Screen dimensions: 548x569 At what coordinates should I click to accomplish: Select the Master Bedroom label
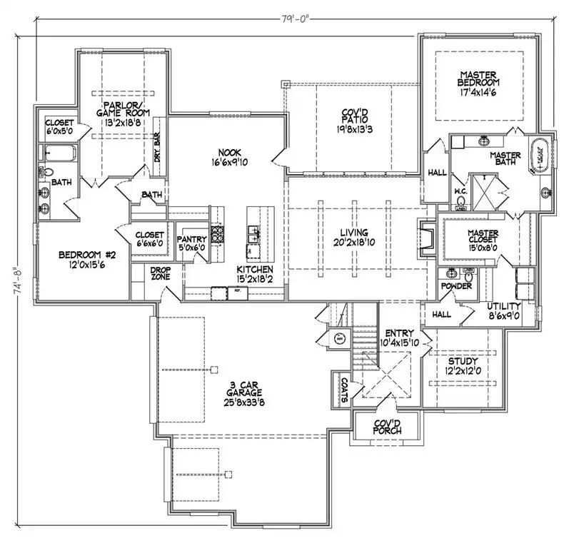(480, 83)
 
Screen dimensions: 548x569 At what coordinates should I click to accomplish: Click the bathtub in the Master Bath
(539, 157)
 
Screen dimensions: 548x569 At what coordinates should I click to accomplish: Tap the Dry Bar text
(158, 148)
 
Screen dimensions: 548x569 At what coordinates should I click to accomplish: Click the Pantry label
(191, 243)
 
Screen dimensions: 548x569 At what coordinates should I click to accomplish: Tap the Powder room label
(455, 286)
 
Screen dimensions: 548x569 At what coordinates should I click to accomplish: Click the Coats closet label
(344, 390)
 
